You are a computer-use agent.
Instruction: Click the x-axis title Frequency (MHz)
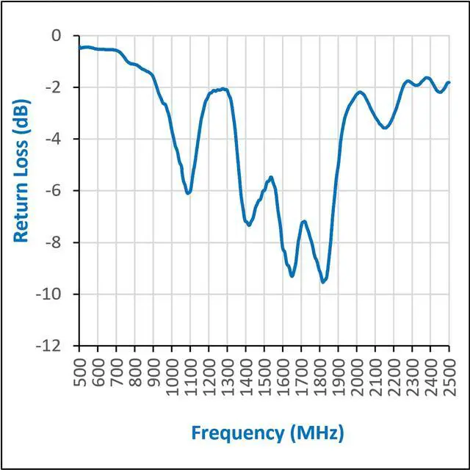coord(267,433)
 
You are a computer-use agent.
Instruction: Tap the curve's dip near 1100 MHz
coord(189,193)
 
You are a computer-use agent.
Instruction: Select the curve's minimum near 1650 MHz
coord(292,275)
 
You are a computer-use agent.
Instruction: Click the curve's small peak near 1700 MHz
coord(303,221)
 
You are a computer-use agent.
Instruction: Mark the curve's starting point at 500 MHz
coord(79,48)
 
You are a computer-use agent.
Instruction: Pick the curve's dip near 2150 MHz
coord(384,128)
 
